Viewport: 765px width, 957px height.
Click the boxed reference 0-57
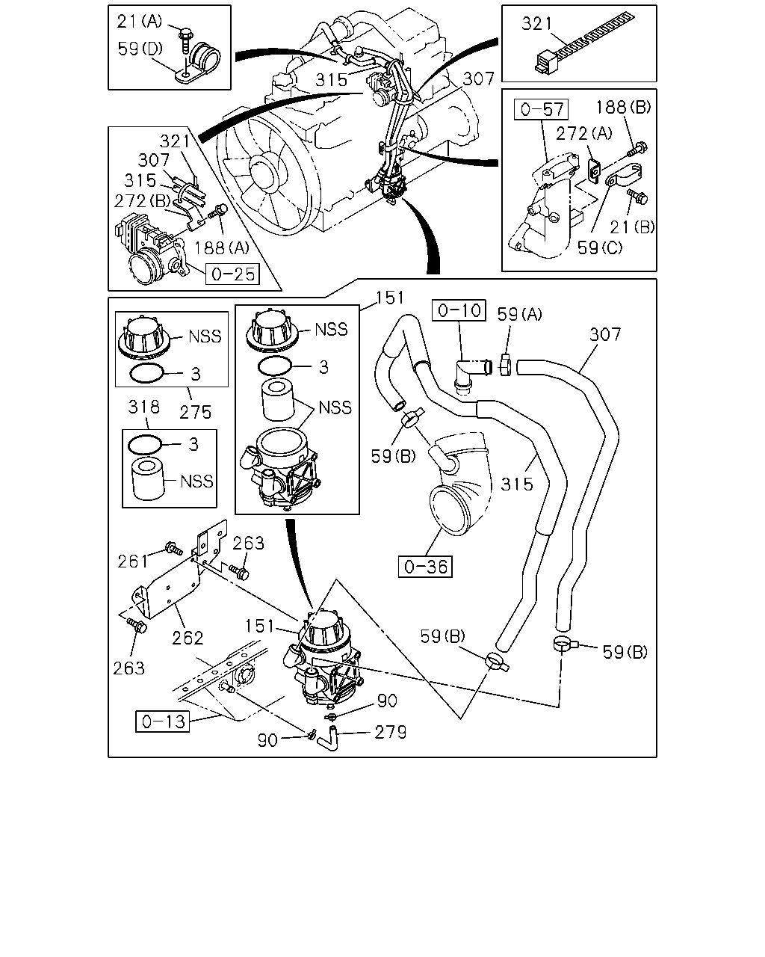coord(541,109)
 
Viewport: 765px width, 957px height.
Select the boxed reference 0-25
coord(232,274)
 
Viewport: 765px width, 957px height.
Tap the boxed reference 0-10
coord(459,310)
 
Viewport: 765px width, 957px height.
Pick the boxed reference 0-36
coord(425,566)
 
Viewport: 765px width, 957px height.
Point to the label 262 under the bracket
coord(188,638)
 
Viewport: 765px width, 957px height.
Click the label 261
coord(132,561)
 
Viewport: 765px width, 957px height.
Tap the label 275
coord(195,412)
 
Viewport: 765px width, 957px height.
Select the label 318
coord(143,407)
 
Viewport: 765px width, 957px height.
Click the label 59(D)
coord(140,49)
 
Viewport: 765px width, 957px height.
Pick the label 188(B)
coord(623,107)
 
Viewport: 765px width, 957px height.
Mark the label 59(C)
coord(600,247)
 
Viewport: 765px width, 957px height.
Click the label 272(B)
coord(143,201)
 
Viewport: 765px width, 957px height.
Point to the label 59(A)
coord(520,315)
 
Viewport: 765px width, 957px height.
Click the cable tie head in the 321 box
coord(546,61)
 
